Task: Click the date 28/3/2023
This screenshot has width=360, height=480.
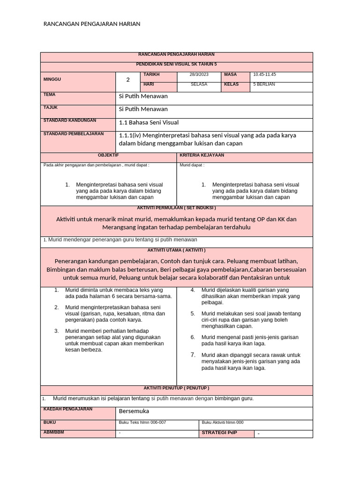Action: (199, 75)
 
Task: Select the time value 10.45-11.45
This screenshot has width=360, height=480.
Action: (264, 75)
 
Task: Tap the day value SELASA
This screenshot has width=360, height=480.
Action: (199, 84)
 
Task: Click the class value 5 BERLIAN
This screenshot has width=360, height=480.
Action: (264, 84)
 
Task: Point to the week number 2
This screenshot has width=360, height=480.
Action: (127, 80)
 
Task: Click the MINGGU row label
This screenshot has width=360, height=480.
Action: (52, 79)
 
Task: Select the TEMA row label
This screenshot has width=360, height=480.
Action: (49, 95)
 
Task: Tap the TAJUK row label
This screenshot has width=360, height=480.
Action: (50, 108)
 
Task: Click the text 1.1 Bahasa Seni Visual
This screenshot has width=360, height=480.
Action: (149, 123)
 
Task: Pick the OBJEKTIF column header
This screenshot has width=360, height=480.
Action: (108, 155)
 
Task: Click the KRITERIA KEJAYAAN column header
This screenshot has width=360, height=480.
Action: (202, 155)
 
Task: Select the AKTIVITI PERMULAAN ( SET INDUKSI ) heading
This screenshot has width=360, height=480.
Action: (176, 208)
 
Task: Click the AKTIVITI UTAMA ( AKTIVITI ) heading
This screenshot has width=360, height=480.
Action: (176, 250)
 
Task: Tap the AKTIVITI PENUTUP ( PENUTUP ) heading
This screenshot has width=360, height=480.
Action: (176, 388)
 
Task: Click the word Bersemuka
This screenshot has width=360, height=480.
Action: (134, 411)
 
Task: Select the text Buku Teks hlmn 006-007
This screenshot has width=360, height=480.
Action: (142, 422)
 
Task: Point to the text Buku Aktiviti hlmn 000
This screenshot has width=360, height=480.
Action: (222, 422)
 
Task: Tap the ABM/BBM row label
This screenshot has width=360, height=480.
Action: (53, 432)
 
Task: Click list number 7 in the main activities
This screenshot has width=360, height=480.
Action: (192, 355)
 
